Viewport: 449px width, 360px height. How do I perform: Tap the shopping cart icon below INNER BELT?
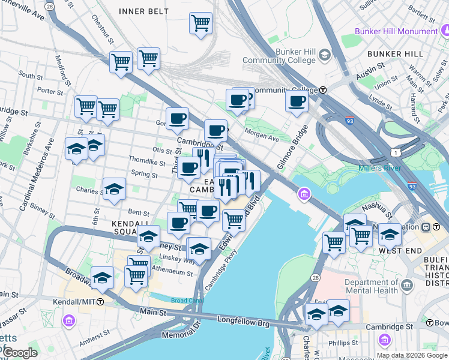tap(201, 24)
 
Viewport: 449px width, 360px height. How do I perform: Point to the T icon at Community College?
tap(323, 90)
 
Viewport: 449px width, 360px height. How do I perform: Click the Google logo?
tap(19, 353)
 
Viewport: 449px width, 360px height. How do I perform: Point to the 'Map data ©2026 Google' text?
tap(411, 355)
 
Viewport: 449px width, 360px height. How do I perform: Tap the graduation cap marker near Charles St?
tap(114, 188)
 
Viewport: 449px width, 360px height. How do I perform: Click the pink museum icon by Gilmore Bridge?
tap(304, 194)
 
